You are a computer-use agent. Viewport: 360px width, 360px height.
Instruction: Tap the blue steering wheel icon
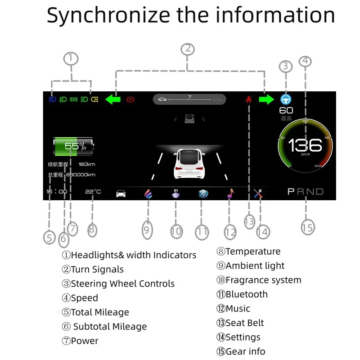tap(285, 99)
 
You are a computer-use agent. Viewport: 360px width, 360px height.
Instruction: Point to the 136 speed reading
tap(305, 145)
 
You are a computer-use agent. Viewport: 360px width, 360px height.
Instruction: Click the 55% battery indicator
tap(74, 146)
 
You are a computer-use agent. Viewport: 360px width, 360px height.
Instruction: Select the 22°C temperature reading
tap(93, 192)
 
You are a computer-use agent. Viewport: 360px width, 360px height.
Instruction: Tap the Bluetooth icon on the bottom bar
tap(203, 194)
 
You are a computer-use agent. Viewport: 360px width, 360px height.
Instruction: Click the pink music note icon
tap(230, 193)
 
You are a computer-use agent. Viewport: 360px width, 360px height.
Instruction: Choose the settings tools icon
tap(258, 194)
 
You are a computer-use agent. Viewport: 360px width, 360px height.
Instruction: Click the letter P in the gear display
tap(291, 192)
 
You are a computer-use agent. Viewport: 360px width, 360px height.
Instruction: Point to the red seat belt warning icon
tap(248, 99)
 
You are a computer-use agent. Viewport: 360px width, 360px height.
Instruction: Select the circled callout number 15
tap(307, 227)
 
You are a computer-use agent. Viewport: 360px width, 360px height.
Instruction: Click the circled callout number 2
tap(188, 49)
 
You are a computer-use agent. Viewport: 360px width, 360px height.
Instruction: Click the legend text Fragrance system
tap(263, 280)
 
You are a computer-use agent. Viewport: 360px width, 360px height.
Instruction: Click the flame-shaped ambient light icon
tap(148, 194)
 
